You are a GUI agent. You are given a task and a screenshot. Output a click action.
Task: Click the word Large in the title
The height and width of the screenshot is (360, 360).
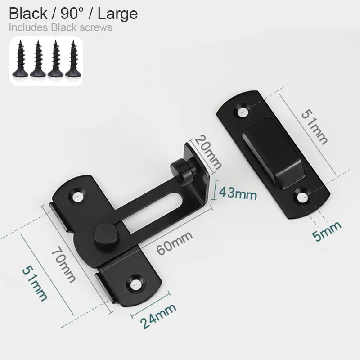click(117, 13)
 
